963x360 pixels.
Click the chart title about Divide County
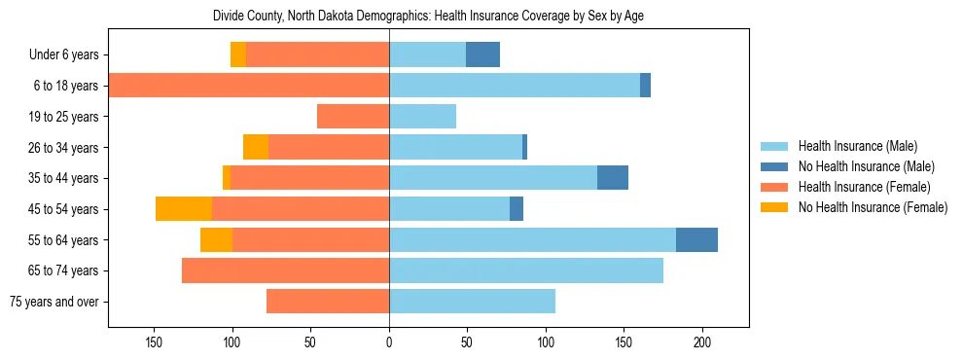tap(428, 16)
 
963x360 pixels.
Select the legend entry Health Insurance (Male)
tap(857, 146)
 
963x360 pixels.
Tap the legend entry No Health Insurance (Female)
tap(872, 207)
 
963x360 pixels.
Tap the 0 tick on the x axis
tap(389, 342)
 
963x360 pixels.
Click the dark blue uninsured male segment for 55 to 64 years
tap(696, 239)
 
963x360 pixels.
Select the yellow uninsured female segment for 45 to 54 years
tap(184, 209)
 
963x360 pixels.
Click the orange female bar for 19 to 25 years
tap(353, 117)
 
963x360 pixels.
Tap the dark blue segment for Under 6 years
tap(482, 55)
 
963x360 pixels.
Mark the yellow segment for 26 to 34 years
tap(256, 147)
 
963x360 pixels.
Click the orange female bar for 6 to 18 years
tap(249, 86)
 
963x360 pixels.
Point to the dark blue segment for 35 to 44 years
tap(612, 178)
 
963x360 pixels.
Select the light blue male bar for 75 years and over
tap(472, 302)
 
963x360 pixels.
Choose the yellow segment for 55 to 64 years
tap(216, 239)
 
